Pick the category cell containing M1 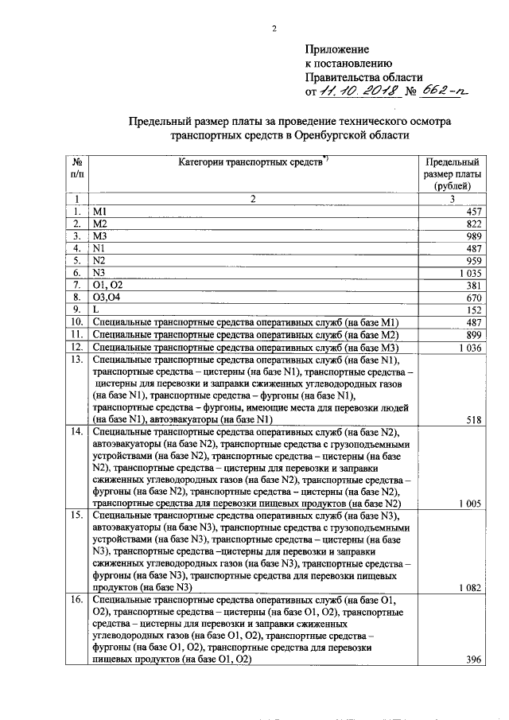[x=100, y=212]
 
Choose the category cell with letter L [x=96, y=309]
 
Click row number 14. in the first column [x=77, y=432]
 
